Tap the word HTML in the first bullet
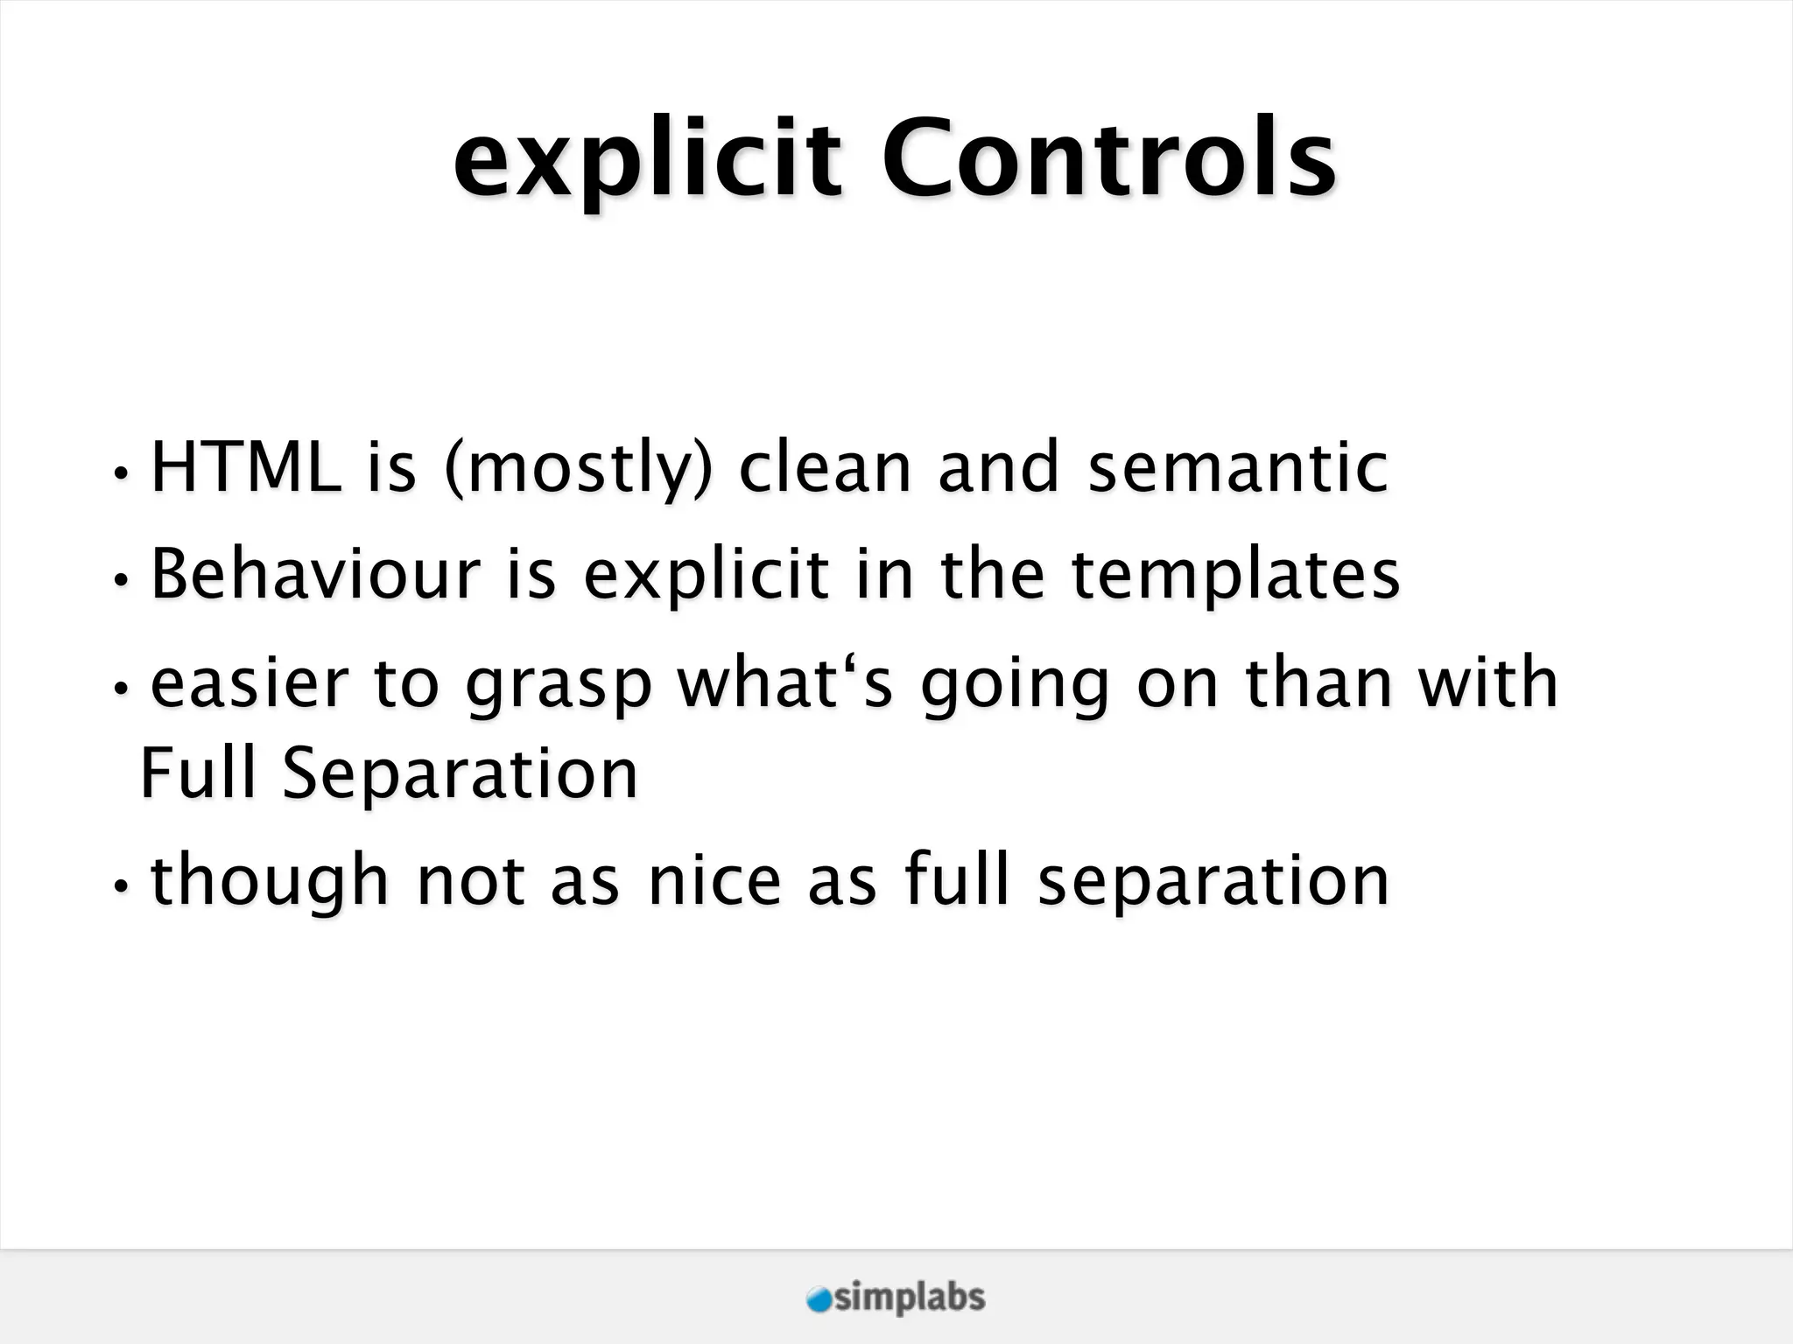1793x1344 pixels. click(246, 467)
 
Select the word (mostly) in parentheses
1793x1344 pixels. click(578, 470)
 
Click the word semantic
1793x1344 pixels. click(1238, 467)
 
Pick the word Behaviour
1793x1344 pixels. click(316, 574)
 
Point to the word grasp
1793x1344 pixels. click(559, 688)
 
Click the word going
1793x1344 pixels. click(1016, 688)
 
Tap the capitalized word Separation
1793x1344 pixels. click(461, 775)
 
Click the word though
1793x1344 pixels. click(270, 882)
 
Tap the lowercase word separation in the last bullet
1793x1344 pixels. click(1213, 882)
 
